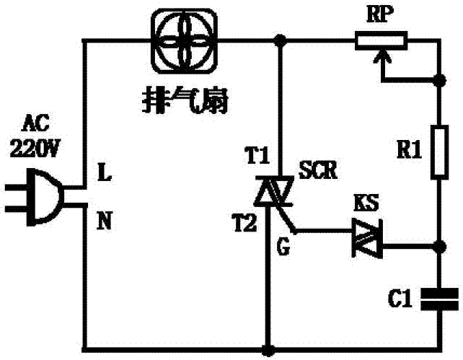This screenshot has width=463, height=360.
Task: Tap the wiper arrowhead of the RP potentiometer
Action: click(x=381, y=58)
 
